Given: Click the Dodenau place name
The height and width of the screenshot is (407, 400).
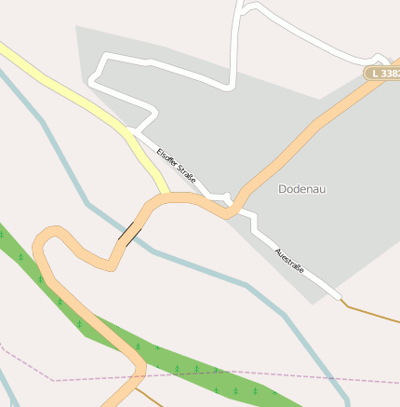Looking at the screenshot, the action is click(x=302, y=189).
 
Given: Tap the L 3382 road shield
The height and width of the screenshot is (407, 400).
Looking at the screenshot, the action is click(x=381, y=73).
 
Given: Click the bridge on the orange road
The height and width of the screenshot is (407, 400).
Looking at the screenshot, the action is click(x=130, y=233).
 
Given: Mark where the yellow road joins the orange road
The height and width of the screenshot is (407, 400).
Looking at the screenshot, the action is click(x=167, y=196).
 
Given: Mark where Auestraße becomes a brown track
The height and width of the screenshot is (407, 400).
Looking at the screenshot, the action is click(x=342, y=300).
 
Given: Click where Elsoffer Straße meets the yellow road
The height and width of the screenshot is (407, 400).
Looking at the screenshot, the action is click(x=133, y=131).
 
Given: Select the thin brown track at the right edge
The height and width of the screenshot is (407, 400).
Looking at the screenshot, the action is click(x=372, y=311).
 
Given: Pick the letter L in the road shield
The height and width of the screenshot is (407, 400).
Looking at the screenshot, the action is click(x=374, y=73).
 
